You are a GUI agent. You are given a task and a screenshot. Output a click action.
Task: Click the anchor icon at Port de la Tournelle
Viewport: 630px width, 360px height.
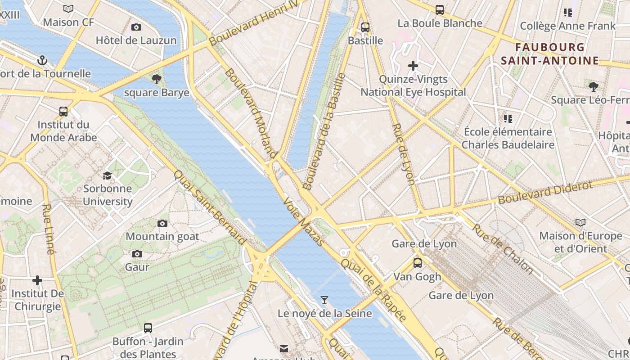coord(42,60)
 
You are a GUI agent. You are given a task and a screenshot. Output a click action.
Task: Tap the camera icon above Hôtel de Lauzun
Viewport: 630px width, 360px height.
coord(136,27)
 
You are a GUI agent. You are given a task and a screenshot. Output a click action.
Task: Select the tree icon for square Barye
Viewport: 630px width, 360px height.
coord(157,80)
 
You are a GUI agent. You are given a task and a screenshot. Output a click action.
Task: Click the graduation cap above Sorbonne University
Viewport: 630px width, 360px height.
coord(107,175)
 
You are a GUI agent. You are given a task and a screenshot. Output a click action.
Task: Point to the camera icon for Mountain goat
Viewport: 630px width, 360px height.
coord(162,223)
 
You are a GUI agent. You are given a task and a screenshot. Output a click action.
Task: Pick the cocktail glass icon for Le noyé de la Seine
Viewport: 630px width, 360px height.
coord(324,300)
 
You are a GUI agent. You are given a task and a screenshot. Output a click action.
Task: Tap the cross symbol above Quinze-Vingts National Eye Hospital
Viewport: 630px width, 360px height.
coord(413,66)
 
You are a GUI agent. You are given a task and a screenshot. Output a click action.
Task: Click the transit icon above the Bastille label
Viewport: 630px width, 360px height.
coord(365,27)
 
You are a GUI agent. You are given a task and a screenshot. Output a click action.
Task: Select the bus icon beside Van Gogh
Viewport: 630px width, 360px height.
coord(418,263)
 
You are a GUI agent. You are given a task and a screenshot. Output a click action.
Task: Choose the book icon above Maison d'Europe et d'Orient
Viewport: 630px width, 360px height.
coord(580,222)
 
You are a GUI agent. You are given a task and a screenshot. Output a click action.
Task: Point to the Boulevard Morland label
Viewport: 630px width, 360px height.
coord(250,113)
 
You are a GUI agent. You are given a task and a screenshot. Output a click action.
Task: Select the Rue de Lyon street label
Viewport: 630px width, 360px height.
coord(403,154)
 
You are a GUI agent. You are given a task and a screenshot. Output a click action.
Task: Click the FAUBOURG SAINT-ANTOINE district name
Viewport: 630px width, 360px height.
coord(550,54)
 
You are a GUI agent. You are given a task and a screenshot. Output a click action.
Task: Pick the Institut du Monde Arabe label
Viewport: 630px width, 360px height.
coord(63,131)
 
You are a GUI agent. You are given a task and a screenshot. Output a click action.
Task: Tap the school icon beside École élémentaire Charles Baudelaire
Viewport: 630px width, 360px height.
coord(508,119)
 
